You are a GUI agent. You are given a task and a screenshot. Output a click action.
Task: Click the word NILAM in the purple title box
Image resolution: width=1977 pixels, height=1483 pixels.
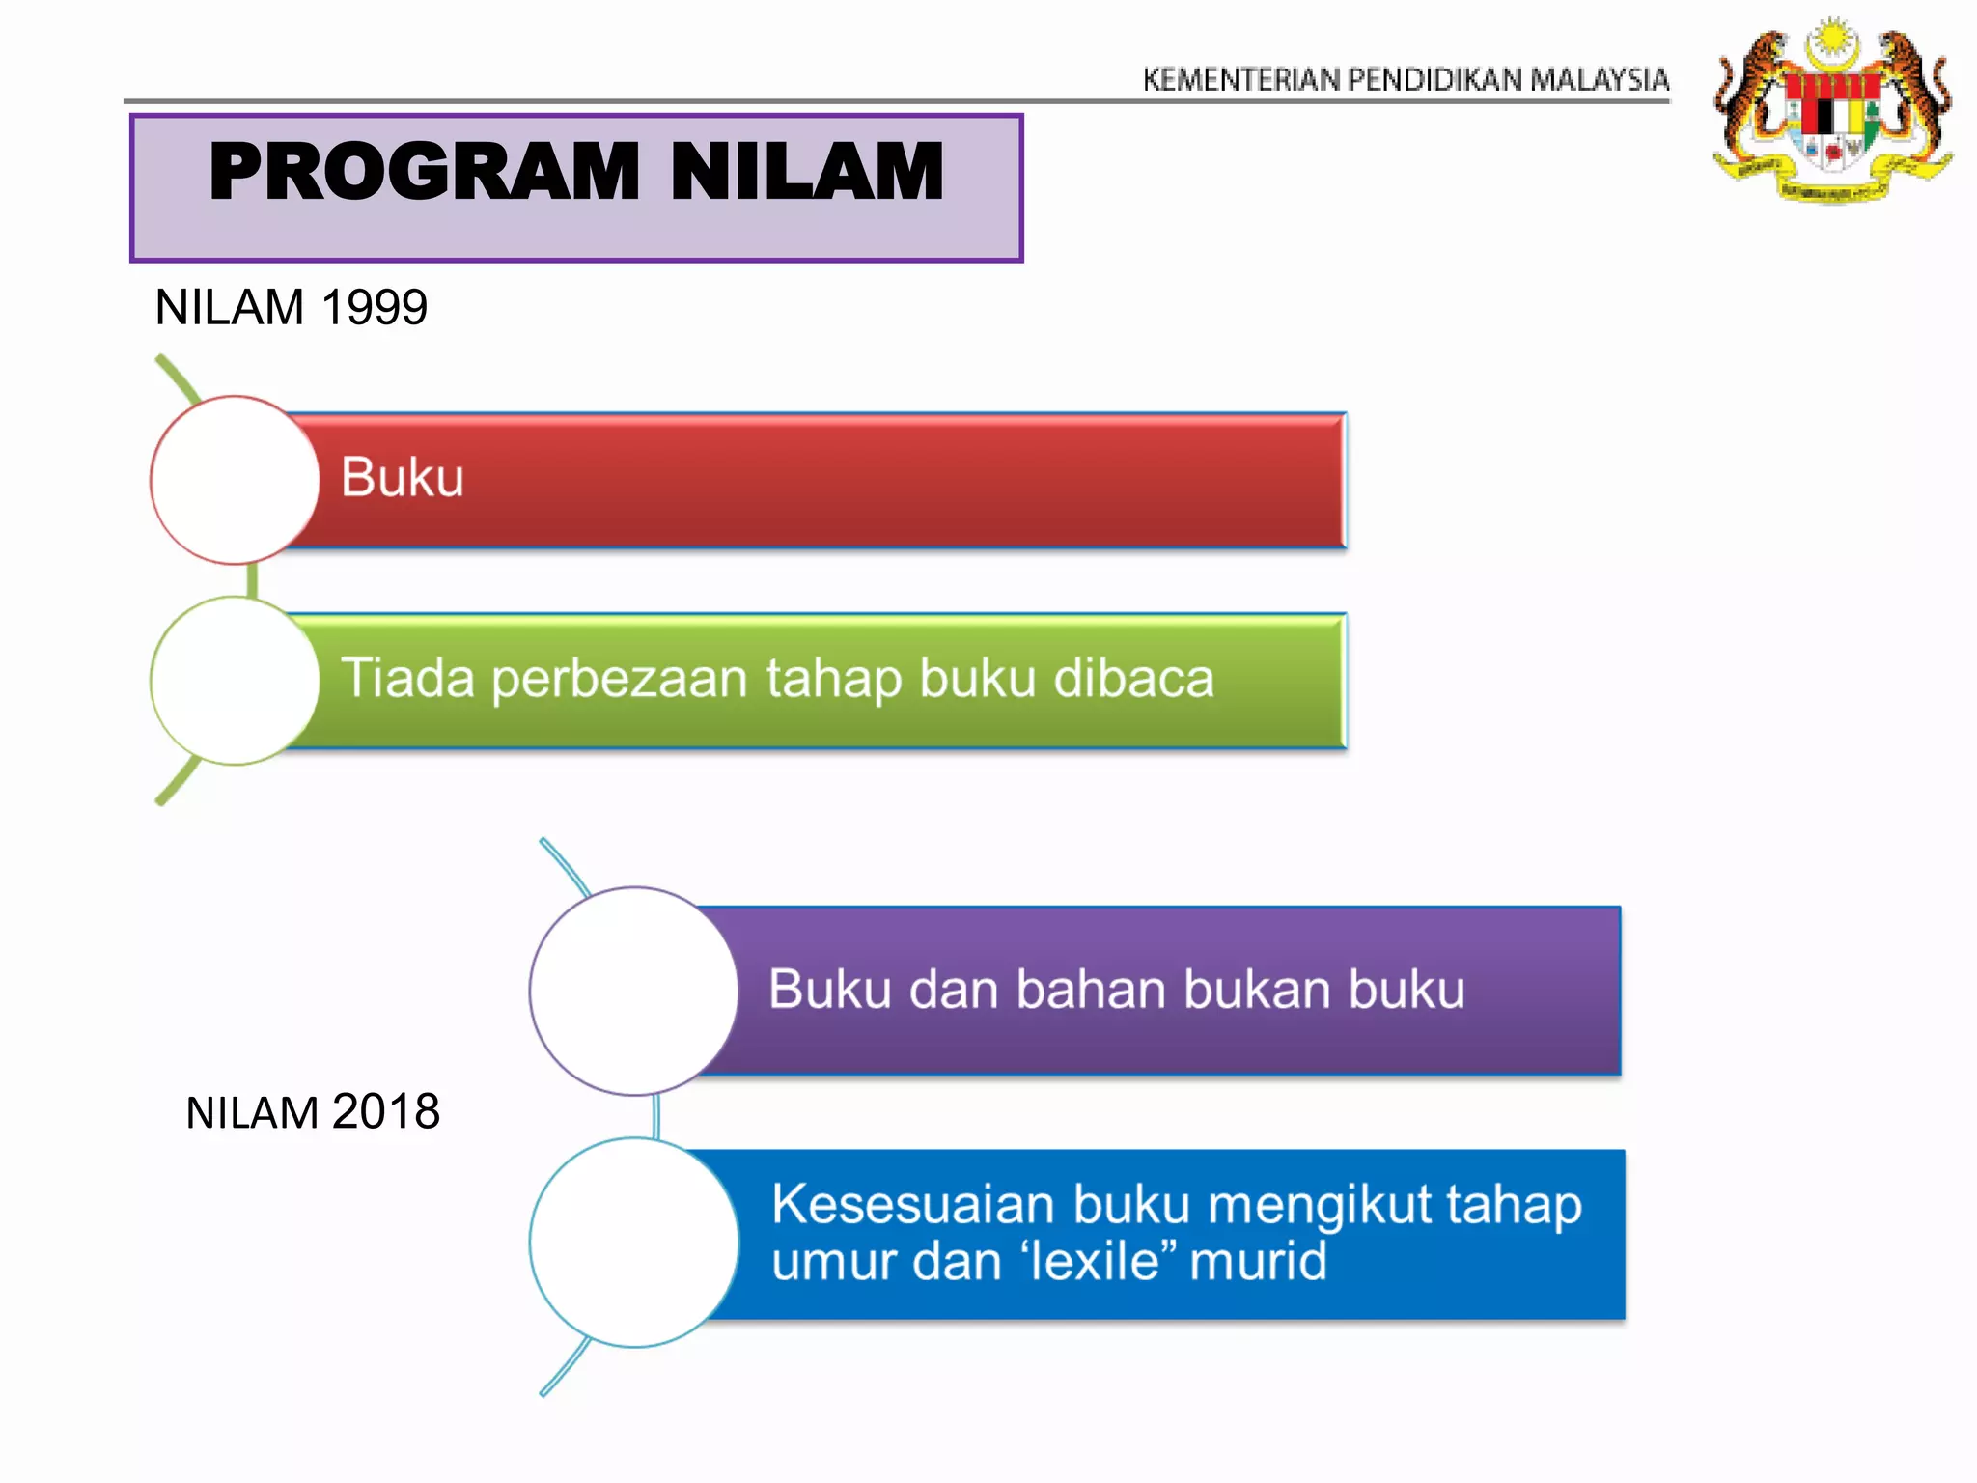(806, 172)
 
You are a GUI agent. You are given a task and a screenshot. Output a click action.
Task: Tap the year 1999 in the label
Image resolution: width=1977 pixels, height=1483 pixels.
(374, 308)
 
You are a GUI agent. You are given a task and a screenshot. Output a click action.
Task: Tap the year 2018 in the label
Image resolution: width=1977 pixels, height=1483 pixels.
(386, 1112)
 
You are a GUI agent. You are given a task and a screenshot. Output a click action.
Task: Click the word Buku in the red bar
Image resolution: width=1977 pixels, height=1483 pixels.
(403, 478)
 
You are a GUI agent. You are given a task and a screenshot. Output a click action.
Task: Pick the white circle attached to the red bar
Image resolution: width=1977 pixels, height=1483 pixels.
(235, 480)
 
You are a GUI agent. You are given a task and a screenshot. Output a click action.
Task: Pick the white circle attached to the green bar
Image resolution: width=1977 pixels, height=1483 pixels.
(235, 681)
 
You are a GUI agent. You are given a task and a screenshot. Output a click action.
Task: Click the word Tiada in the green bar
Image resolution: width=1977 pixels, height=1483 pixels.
(407, 678)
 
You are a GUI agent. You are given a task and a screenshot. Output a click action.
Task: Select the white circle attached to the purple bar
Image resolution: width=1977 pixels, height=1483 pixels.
(634, 991)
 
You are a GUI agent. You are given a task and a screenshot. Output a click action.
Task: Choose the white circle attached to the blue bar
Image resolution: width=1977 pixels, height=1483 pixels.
(634, 1242)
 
